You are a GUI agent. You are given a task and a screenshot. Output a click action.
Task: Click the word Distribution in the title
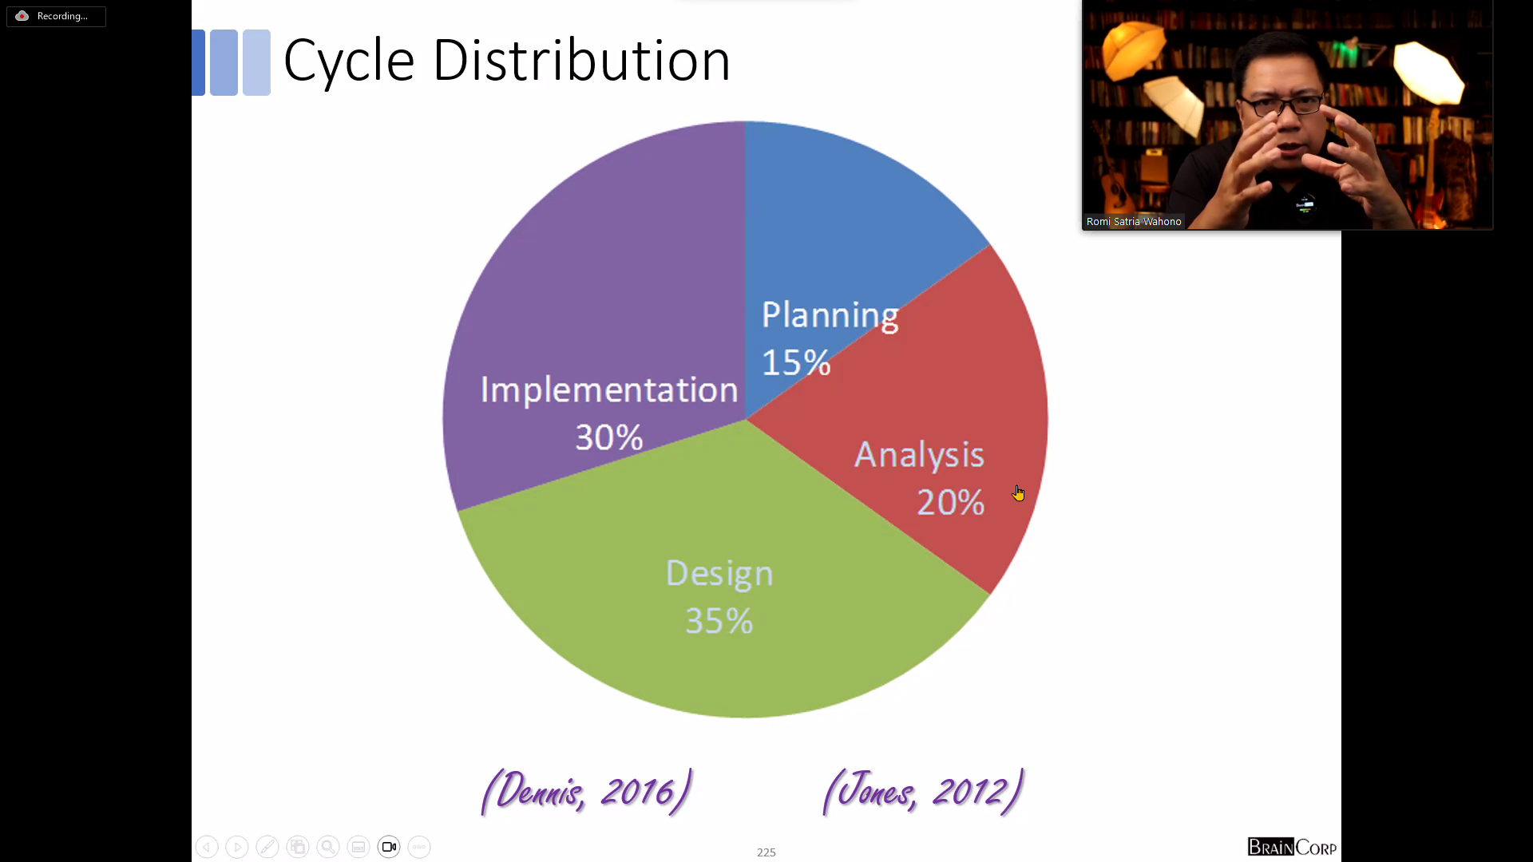[581, 61]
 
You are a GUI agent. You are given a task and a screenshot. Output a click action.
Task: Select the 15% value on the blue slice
[796, 362]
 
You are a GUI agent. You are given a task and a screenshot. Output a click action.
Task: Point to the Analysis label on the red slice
[919, 456]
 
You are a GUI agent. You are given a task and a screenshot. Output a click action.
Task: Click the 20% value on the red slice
[950, 502]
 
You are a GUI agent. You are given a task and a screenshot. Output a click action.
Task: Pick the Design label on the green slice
[719, 575]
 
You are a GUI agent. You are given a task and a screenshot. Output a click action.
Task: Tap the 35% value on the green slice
[719, 621]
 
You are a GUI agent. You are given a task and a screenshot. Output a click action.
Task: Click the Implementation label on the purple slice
[609, 390]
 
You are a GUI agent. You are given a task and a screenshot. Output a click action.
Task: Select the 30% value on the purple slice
[609, 437]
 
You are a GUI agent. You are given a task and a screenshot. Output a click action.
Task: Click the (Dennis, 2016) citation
[586, 792]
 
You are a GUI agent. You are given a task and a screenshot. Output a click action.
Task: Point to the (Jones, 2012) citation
[923, 792]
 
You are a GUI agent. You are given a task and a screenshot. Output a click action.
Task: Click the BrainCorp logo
[1292, 847]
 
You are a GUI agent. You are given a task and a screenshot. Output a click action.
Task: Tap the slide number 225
[766, 852]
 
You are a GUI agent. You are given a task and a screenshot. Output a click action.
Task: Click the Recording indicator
[56, 16]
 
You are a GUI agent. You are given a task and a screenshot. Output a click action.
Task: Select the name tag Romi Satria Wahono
[1134, 222]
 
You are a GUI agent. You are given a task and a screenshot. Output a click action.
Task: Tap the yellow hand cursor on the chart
[1018, 493]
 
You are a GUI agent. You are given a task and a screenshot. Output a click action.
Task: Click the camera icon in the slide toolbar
[389, 847]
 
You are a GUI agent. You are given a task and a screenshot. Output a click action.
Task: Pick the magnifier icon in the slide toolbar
[328, 847]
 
